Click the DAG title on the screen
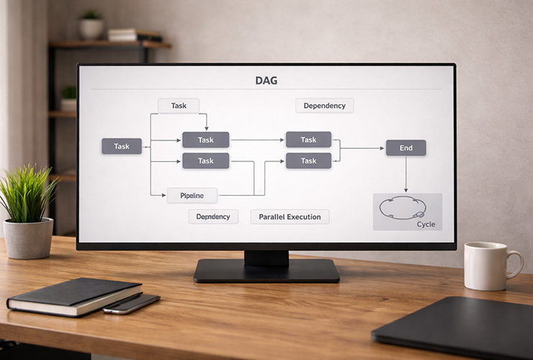[x=266, y=81]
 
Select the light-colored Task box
[x=179, y=106]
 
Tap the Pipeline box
[x=192, y=195]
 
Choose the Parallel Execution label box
[x=290, y=217]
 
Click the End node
[x=406, y=148]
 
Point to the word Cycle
[x=426, y=225]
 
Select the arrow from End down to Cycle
[x=406, y=174]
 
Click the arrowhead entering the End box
[x=382, y=148]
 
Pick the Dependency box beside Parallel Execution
[x=213, y=217]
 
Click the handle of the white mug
[x=515, y=264]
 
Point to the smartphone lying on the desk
[x=131, y=303]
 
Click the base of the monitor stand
[x=266, y=271]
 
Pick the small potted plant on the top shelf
[x=91, y=25]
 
